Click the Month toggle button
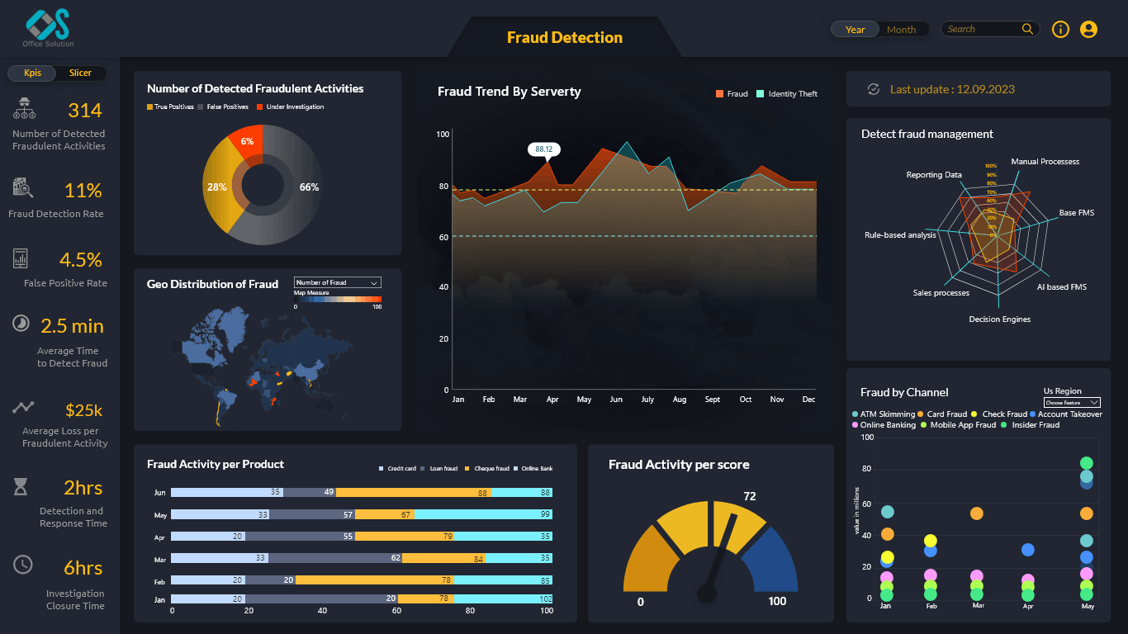click(x=901, y=30)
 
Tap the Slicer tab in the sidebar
click(x=80, y=73)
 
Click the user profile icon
click(x=1088, y=30)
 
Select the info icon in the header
click(x=1060, y=30)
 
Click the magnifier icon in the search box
click(x=1027, y=29)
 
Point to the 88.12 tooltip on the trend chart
click(x=543, y=149)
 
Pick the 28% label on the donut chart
click(x=216, y=187)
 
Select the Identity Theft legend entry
click(x=792, y=94)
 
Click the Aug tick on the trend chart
click(x=680, y=400)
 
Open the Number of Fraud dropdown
click(x=337, y=282)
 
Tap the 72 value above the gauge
click(x=750, y=496)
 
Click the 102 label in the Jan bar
click(x=545, y=599)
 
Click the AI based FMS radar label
click(x=1061, y=287)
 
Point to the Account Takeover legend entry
click(x=1069, y=414)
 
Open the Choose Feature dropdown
click(x=1071, y=402)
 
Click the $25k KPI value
click(x=83, y=410)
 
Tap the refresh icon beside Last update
click(x=873, y=89)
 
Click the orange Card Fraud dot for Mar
click(x=977, y=513)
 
